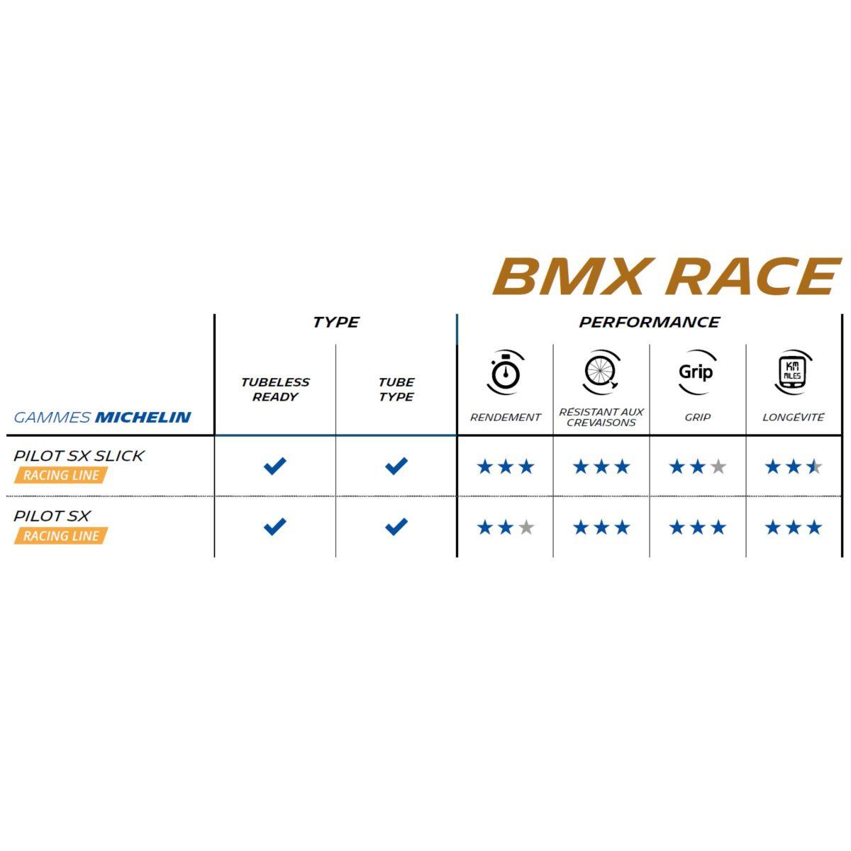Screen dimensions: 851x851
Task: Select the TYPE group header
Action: (x=335, y=323)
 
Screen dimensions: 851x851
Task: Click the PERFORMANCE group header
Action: (x=649, y=323)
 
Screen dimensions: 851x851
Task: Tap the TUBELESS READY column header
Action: (x=275, y=389)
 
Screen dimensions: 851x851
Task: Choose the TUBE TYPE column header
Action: (x=396, y=389)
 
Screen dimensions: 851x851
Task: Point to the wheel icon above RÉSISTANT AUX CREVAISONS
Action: (x=601, y=372)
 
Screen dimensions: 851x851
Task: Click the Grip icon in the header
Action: (x=696, y=372)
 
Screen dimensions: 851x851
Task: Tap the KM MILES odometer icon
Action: (x=793, y=372)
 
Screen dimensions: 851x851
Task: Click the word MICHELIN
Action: (x=143, y=417)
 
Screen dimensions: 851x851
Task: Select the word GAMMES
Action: (x=52, y=417)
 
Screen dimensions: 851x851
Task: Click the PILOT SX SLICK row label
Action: (x=79, y=456)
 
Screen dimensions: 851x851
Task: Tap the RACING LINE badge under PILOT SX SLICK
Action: (x=61, y=475)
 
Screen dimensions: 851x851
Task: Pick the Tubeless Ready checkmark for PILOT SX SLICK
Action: (x=274, y=466)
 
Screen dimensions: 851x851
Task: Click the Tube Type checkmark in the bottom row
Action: (x=396, y=526)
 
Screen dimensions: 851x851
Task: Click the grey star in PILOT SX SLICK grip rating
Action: (x=718, y=467)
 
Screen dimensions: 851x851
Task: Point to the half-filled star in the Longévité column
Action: (x=814, y=467)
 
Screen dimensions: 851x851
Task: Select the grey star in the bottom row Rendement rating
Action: (x=526, y=527)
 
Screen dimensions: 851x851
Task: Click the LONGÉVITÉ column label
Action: (x=793, y=417)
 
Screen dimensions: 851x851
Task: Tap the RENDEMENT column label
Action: (x=505, y=417)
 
